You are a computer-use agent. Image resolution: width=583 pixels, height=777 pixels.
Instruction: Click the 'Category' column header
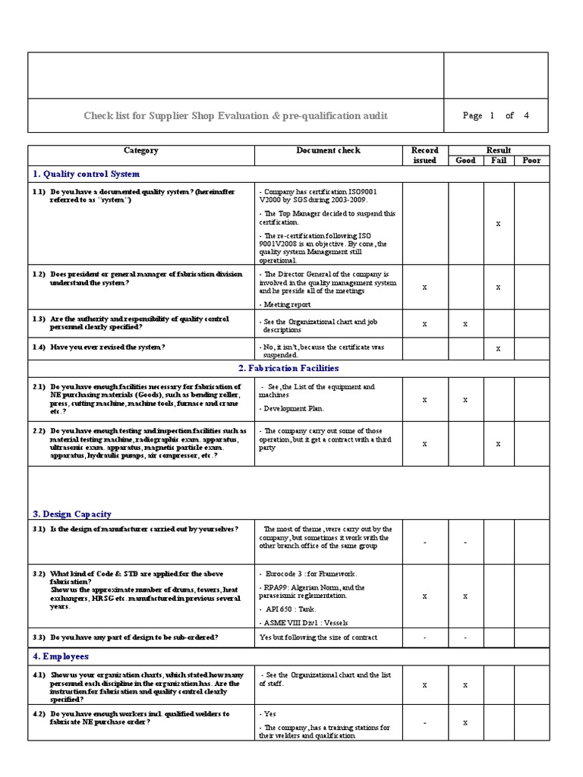pos(141,150)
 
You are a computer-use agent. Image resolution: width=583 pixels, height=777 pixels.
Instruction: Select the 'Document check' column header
pos(328,150)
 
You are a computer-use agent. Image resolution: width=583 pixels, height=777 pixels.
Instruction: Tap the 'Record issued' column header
pos(424,155)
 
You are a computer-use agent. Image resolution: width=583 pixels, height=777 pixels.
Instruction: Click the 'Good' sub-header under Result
pos(465,160)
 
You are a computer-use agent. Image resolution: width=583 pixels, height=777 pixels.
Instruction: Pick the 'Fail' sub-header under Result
pos(497,160)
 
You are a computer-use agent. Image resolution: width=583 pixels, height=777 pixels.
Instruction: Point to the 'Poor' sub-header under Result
pos(531,160)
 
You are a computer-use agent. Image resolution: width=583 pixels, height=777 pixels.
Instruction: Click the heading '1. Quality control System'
pos(86,175)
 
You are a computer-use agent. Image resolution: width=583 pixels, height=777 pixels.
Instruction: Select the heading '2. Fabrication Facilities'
pos(288,368)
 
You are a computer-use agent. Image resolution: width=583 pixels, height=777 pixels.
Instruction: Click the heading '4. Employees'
pos(61,656)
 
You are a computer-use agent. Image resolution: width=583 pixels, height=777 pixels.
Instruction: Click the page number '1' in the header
pos(492,115)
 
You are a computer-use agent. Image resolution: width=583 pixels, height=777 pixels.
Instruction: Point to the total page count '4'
pos(526,115)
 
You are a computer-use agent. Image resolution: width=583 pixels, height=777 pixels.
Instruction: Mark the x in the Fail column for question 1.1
pos(497,224)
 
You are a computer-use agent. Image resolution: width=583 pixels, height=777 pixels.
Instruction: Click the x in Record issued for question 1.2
pos(424,288)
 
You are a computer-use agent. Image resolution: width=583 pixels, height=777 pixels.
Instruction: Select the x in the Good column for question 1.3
pos(465,324)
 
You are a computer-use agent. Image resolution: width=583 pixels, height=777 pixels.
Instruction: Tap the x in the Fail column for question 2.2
pos(497,444)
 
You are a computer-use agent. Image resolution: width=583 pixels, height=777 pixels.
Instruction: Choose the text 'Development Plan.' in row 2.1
pos(294,409)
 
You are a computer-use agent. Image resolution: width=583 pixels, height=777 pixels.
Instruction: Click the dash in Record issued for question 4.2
pos(424,724)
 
